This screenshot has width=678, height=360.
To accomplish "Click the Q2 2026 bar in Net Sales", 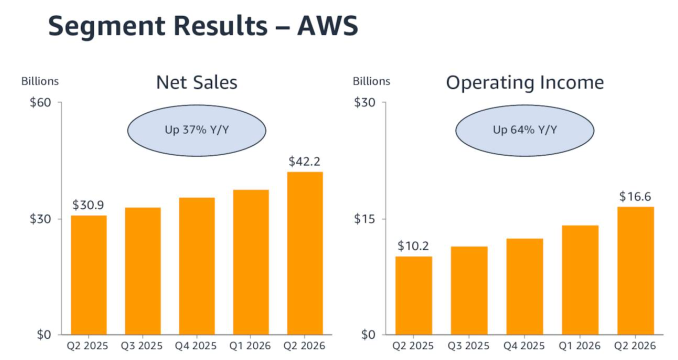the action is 305,253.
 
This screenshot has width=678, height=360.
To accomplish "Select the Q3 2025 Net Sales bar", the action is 143,271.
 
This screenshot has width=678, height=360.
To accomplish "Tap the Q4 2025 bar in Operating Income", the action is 524,286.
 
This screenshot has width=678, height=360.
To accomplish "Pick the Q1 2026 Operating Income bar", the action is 580,280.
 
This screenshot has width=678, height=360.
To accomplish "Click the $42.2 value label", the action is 304,161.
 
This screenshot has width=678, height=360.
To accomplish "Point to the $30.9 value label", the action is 88,205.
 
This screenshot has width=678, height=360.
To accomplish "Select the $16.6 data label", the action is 635,196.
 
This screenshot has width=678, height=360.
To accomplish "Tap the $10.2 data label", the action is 413,246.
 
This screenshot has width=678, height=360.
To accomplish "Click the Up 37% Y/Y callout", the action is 196,130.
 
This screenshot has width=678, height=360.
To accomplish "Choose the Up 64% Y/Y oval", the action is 525,130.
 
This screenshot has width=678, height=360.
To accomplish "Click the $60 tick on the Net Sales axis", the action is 40,102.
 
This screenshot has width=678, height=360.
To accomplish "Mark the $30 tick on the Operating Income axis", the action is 364,102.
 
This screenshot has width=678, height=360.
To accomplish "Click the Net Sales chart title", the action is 196,82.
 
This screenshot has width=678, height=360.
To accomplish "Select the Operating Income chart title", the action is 525,82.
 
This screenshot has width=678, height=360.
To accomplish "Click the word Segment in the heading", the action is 107,27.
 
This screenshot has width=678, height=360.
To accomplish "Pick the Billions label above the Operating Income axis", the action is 371,81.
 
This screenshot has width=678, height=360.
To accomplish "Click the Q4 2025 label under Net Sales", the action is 196,345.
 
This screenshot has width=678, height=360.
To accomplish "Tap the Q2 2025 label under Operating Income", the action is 413,345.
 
